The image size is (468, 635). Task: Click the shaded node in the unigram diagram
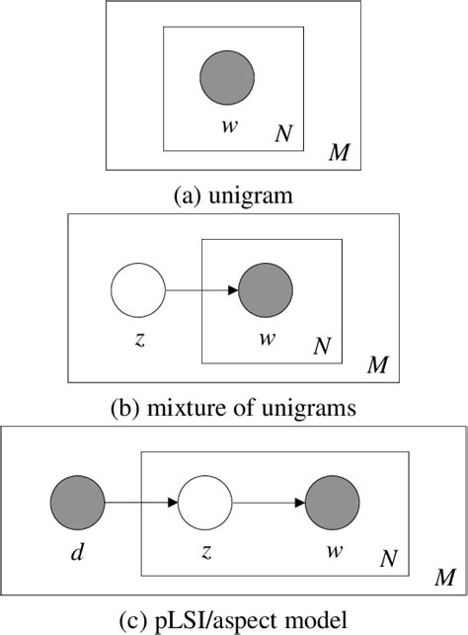[227, 77]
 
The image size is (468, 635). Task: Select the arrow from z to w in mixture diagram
[201, 290]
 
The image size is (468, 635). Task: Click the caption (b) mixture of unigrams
[233, 406]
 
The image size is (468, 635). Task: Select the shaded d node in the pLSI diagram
[75, 503]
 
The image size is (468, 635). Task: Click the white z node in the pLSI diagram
[204, 503]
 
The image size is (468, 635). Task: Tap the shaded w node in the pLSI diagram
[332, 503]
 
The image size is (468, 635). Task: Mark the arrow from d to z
[139, 503]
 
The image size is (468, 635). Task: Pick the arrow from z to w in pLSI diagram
[268, 503]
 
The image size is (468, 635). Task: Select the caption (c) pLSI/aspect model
[233, 620]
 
